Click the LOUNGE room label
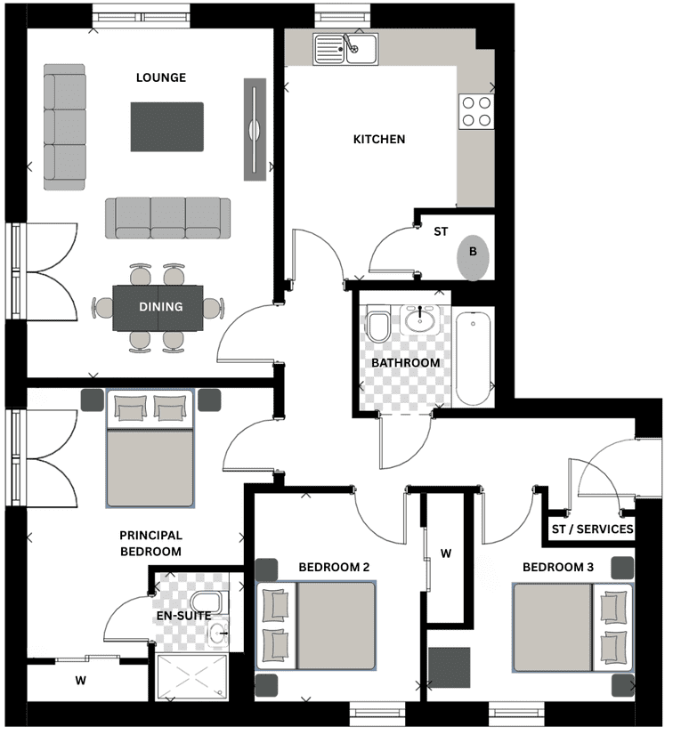(161, 77)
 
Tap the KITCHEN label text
(379, 139)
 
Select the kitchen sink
(345, 48)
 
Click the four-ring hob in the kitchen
(476, 111)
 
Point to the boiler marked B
(473, 257)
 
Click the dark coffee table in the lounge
(167, 127)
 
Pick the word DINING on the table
(161, 307)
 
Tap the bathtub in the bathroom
(473, 359)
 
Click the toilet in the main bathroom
(378, 323)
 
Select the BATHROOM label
(406, 363)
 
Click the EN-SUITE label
(183, 616)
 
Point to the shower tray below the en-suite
(192, 677)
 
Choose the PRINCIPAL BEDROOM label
(150, 544)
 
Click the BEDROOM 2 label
(334, 567)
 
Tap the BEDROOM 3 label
(558, 567)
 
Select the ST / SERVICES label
(592, 529)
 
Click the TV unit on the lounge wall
(255, 129)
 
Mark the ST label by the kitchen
(441, 231)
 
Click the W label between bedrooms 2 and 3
(446, 554)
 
